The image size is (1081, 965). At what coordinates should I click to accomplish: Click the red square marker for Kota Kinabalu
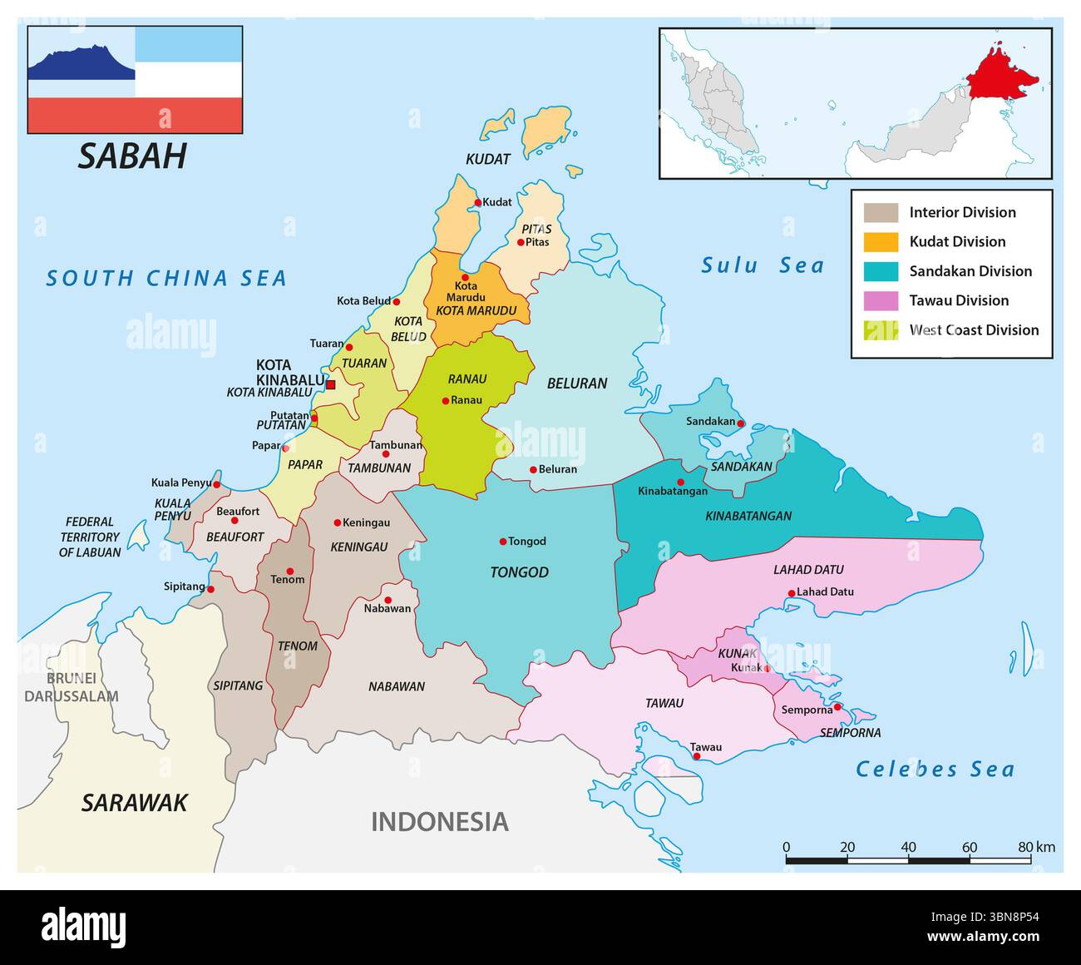tap(330, 384)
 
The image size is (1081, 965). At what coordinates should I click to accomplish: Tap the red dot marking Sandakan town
tap(741, 423)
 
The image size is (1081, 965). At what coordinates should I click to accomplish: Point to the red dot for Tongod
tap(503, 542)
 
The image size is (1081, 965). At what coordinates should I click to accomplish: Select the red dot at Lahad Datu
tap(791, 593)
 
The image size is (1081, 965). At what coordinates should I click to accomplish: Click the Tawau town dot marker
tap(697, 756)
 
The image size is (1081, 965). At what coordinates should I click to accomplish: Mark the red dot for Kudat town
tap(478, 202)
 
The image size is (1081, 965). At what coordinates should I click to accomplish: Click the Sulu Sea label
tap(763, 265)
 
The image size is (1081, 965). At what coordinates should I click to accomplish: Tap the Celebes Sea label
tap(935, 770)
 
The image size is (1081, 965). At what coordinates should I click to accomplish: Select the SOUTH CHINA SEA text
tap(166, 278)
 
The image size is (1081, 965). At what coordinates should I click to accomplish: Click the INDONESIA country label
tap(439, 822)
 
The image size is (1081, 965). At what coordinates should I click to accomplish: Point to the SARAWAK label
tap(134, 803)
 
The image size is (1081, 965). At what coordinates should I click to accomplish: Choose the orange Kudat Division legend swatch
tap(881, 242)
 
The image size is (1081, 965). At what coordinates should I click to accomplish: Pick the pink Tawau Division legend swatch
tap(881, 300)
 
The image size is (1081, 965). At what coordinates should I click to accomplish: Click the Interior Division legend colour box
tap(881, 213)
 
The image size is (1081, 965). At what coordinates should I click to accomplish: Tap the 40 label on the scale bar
tap(908, 847)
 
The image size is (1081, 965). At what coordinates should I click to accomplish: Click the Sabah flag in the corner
tap(135, 80)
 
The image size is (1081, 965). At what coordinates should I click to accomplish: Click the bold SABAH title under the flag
tap(132, 156)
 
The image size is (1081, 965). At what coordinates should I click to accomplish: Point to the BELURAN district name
tap(576, 384)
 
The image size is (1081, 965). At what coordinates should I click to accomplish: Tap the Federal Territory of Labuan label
tap(90, 537)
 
